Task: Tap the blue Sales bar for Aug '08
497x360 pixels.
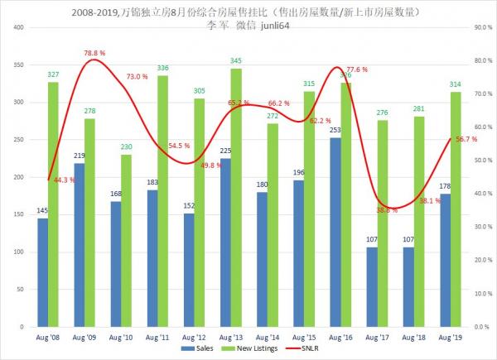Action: tap(43, 273)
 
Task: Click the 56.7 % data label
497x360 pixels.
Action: tap(466, 140)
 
